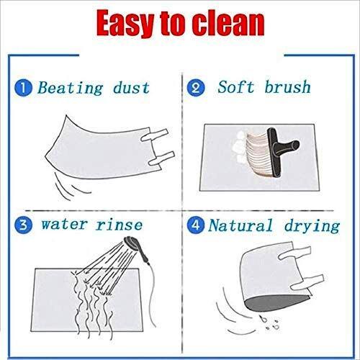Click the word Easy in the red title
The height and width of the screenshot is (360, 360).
[125, 24]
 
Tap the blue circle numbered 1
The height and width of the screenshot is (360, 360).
[23, 88]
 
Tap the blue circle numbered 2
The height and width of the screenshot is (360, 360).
[196, 88]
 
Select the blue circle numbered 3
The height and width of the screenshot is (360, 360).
[23, 225]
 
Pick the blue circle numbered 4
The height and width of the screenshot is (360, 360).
[196, 225]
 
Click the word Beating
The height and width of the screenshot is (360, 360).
[71, 89]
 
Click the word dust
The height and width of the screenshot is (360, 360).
[131, 88]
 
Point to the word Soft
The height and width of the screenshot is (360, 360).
[235, 86]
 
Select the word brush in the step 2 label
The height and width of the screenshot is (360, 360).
[287, 86]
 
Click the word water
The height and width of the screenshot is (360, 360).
[64, 225]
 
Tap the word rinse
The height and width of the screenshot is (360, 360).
[119, 225]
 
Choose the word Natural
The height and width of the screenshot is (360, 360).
[240, 225]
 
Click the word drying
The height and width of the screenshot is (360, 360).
[312, 226]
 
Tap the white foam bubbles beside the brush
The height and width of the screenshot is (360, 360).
[240, 146]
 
